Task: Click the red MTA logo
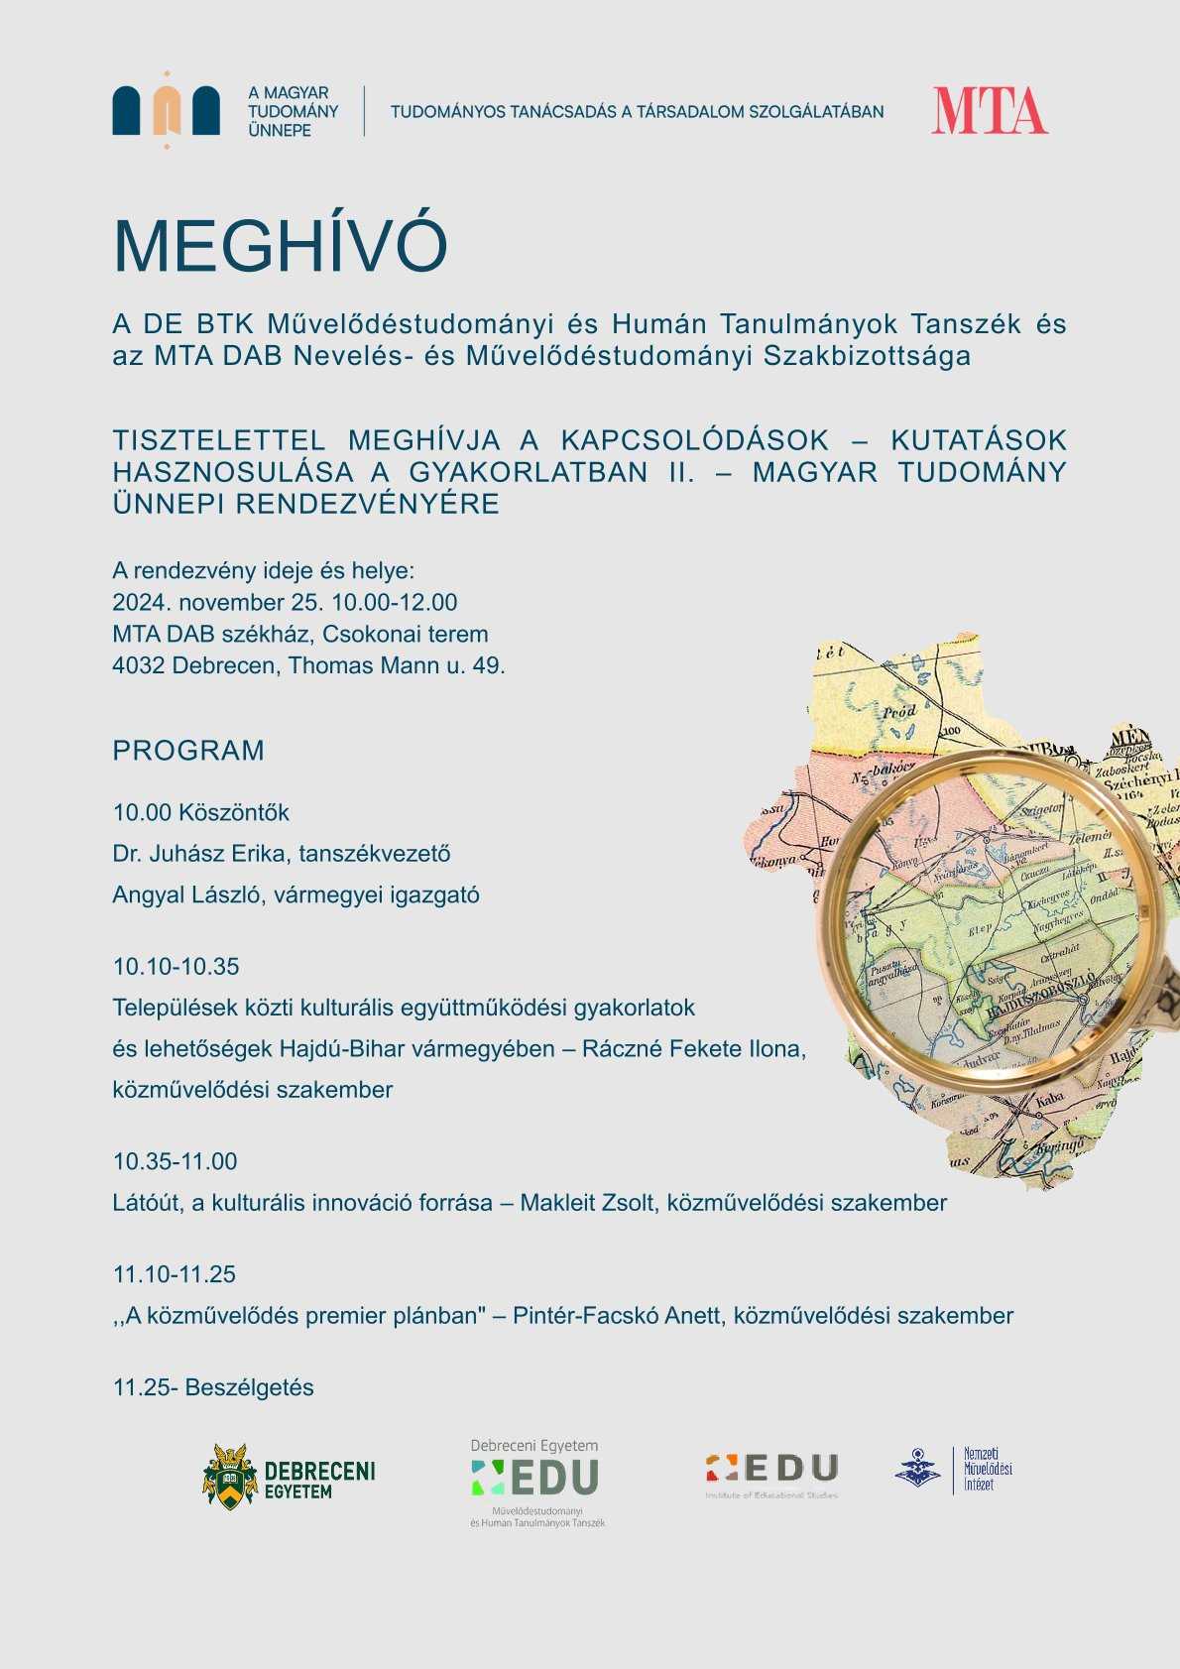[989, 111]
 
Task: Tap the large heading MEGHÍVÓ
[280, 245]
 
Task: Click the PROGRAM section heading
[188, 751]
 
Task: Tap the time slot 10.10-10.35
[176, 967]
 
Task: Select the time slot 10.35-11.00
[175, 1161]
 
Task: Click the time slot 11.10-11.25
[175, 1274]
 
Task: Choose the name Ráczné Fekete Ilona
[693, 1049]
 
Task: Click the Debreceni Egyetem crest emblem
[230, 1477]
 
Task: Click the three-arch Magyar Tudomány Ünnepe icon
[166, 110]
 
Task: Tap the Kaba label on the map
[1049, 1098]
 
